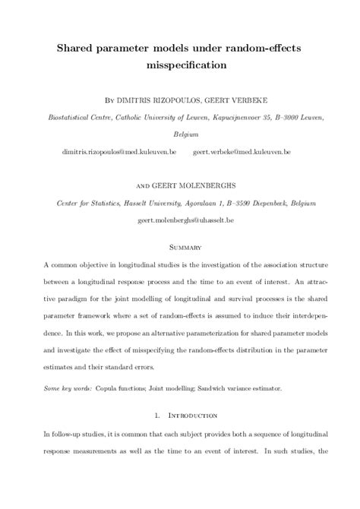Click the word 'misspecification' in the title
click(180, 65)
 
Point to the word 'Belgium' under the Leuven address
click(180, 134)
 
